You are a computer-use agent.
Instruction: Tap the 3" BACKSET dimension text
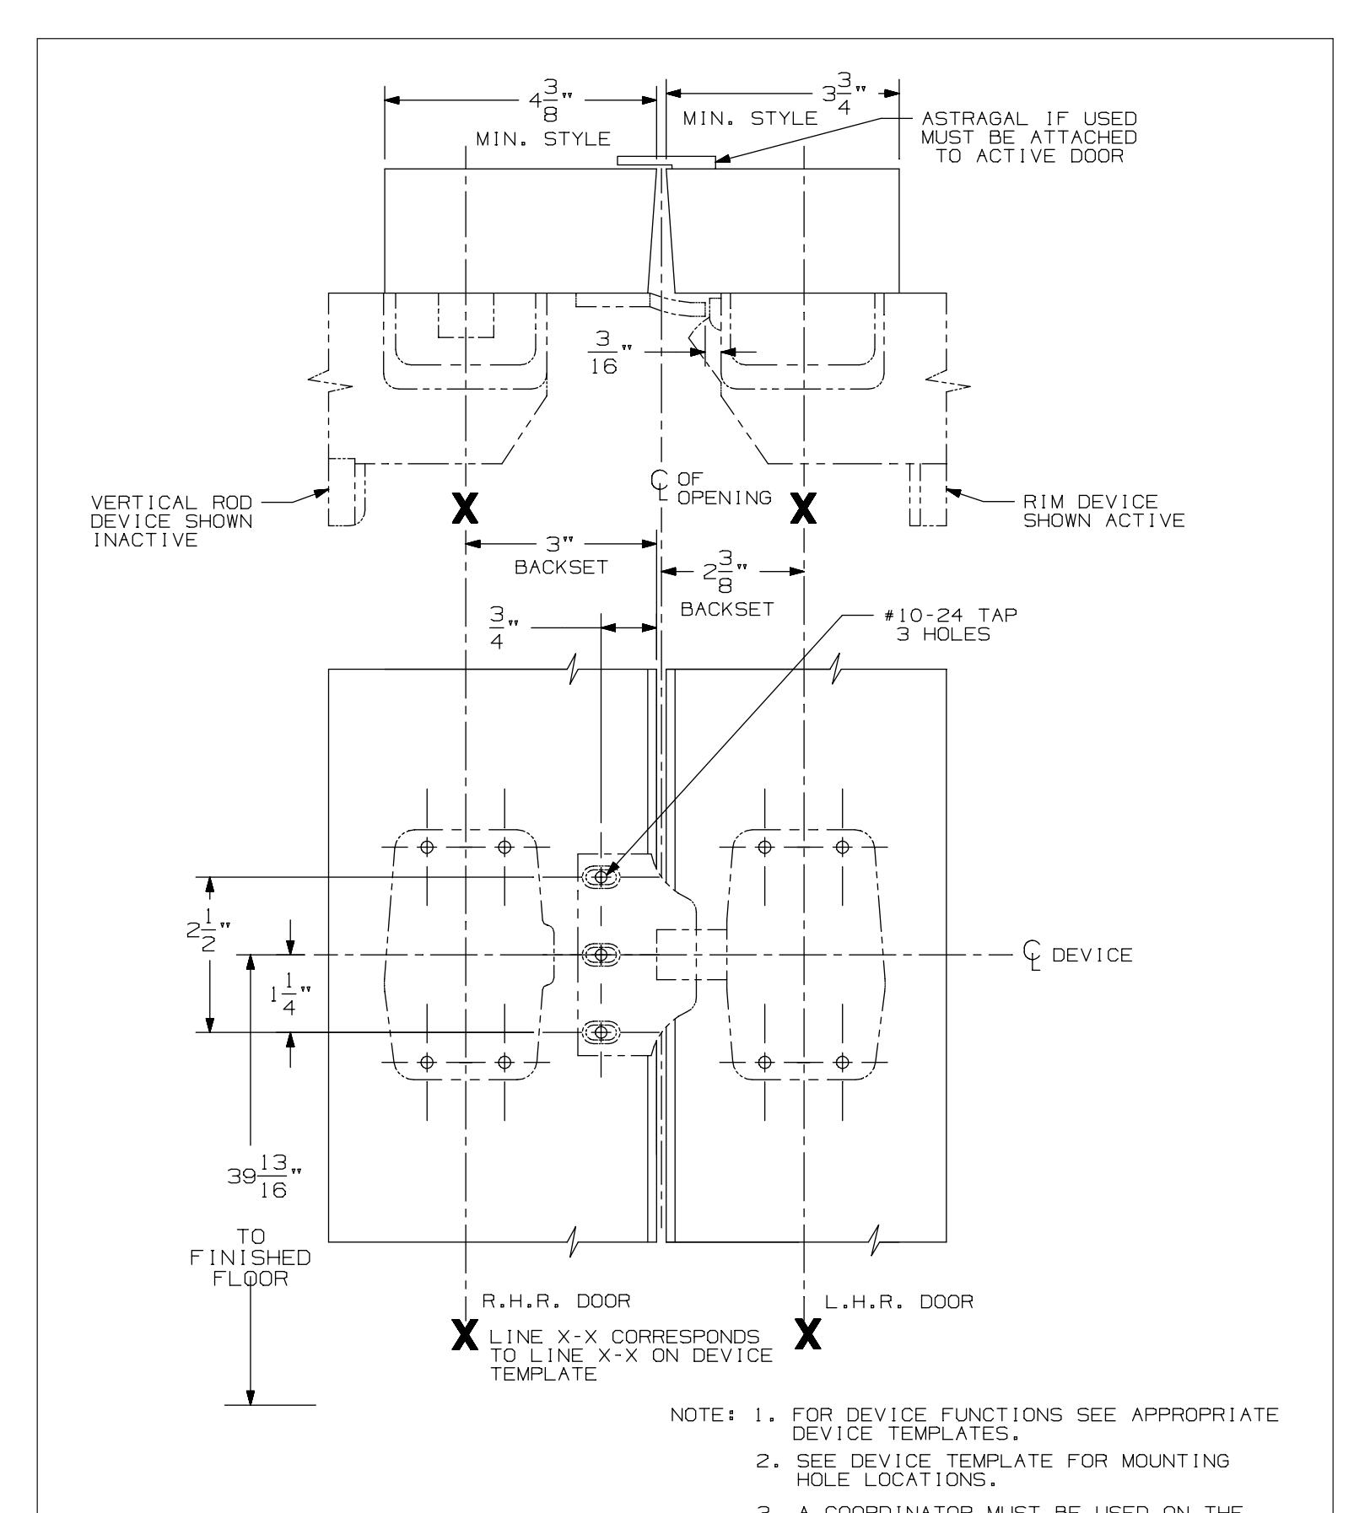tap(561, 556)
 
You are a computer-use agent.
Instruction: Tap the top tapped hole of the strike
tap(601, 877)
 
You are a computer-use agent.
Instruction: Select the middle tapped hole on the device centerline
tap(601, 955)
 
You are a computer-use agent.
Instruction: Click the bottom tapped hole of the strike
tap(601, 1032)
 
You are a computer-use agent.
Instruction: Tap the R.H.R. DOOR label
tap(556, 1325)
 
